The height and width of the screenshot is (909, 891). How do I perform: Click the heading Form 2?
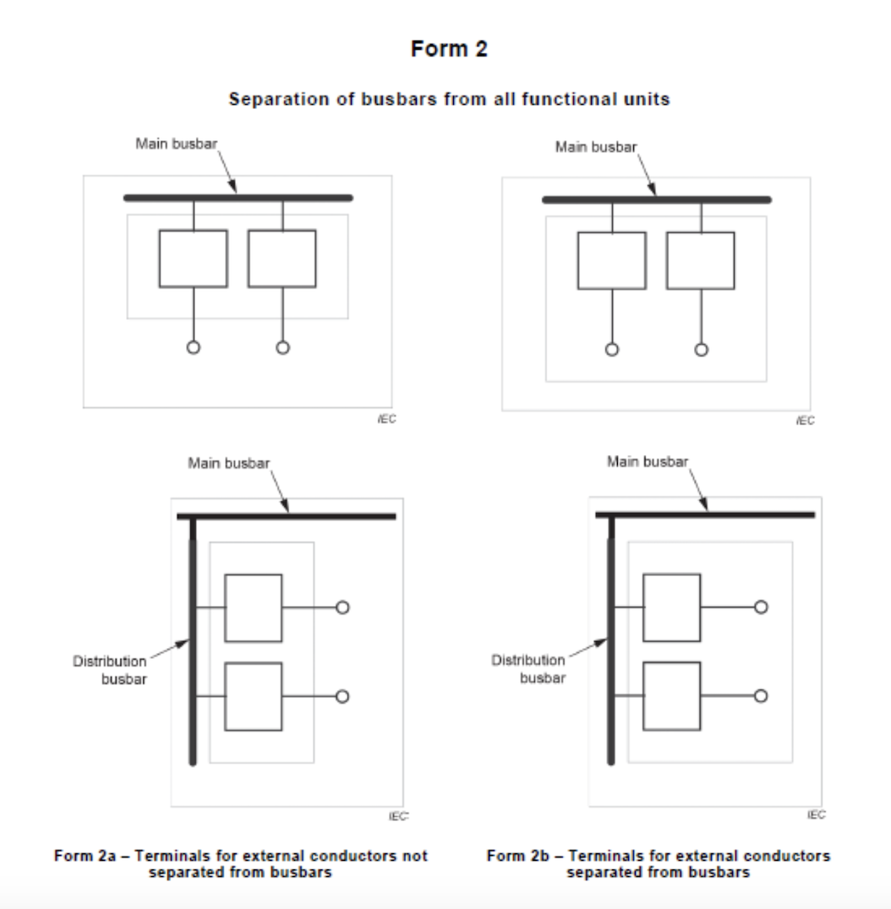pos(449,50)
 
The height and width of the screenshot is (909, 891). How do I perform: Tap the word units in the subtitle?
pos(646,99)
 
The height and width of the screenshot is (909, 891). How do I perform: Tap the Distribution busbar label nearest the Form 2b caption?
pos(528,668)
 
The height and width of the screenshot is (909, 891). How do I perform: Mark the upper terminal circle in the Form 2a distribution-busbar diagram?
pos(342,607)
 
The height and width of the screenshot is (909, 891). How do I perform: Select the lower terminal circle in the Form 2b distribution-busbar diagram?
pos(761,695)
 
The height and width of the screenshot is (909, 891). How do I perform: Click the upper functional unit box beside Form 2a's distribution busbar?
pos(253,607)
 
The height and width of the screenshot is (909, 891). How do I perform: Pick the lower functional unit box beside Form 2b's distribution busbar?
pos(671,696)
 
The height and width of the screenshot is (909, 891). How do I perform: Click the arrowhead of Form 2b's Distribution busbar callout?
pos(603,641)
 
